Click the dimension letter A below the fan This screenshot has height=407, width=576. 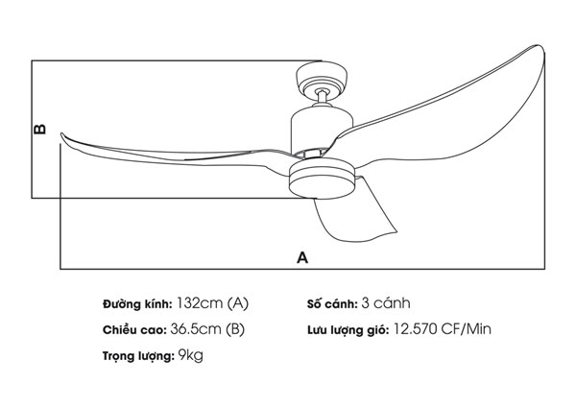click(302, 257)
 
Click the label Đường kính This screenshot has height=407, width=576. click(136, 304)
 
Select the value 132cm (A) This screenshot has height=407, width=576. click(213, 303)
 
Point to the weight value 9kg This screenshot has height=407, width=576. click(191, 355)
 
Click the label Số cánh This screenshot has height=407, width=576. click(331, 304)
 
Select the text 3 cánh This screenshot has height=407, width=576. click(386, 303)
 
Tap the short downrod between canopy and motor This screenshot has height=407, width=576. click(322, 96)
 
